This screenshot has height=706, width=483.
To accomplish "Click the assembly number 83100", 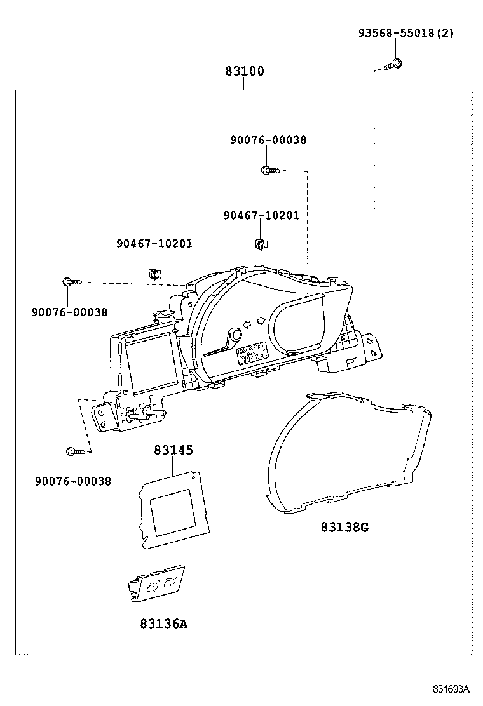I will tap(244, 71).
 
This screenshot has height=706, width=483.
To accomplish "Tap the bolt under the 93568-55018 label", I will tap(394, 63).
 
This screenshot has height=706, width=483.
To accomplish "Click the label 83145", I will tap(173, 450).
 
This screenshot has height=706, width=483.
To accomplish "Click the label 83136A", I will tap(163, 623).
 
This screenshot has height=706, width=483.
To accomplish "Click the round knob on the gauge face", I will tap(235, 335).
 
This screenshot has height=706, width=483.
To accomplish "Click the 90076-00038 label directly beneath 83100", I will tap(268, 140).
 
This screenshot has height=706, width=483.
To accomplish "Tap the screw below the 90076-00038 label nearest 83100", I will tap(268, 170).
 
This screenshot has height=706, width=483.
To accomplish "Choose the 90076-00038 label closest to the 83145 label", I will tap(72, 481).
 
